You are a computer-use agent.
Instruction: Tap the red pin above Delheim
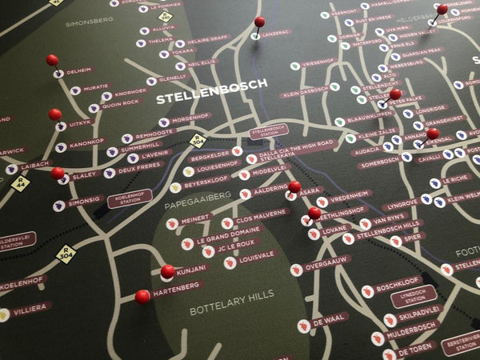pyautogui.click(x=52, y=60)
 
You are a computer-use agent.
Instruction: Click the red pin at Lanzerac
pyautogui.click(x=259, y=22)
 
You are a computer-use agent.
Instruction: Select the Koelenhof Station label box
pyautogui.click(x=130, y=198)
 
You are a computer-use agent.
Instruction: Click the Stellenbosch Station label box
pyautogui.click(x=269, y=130)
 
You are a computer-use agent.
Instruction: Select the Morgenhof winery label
pyautogui.click(x=190, y=118)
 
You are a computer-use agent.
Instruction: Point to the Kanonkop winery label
pyautogui.click(x=86, y=142)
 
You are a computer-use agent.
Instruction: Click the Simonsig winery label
pyautogui.click(x=84, y=202)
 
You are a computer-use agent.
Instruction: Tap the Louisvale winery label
pyautogui.click(x=257, y=256)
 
